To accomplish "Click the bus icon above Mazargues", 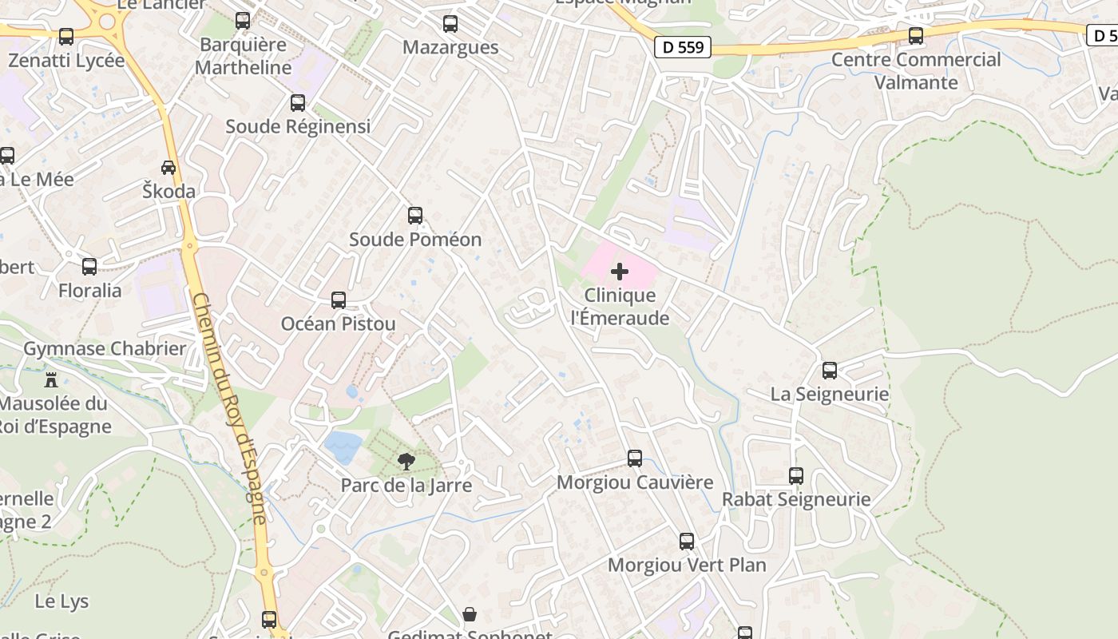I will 450,24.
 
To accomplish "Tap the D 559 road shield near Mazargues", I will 684,47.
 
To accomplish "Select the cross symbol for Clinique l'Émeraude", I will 619,272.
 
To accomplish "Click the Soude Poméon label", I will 415,240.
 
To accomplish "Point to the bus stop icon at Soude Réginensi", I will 298,103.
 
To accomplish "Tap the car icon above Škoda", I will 168,168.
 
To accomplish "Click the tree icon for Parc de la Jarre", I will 406,461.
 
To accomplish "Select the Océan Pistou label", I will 338,323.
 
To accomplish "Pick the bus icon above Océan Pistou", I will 339,300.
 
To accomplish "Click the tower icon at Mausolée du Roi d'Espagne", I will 52,379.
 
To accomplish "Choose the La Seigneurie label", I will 830,394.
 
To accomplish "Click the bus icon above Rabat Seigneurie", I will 796,476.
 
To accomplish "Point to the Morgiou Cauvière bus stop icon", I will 635,458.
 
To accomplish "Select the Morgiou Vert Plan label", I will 687,566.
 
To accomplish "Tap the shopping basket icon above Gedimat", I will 470,614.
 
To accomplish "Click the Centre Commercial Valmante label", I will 916,71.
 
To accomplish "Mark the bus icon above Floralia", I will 89,267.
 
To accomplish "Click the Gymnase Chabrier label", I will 105,348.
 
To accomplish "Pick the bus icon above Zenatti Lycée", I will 66,37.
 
